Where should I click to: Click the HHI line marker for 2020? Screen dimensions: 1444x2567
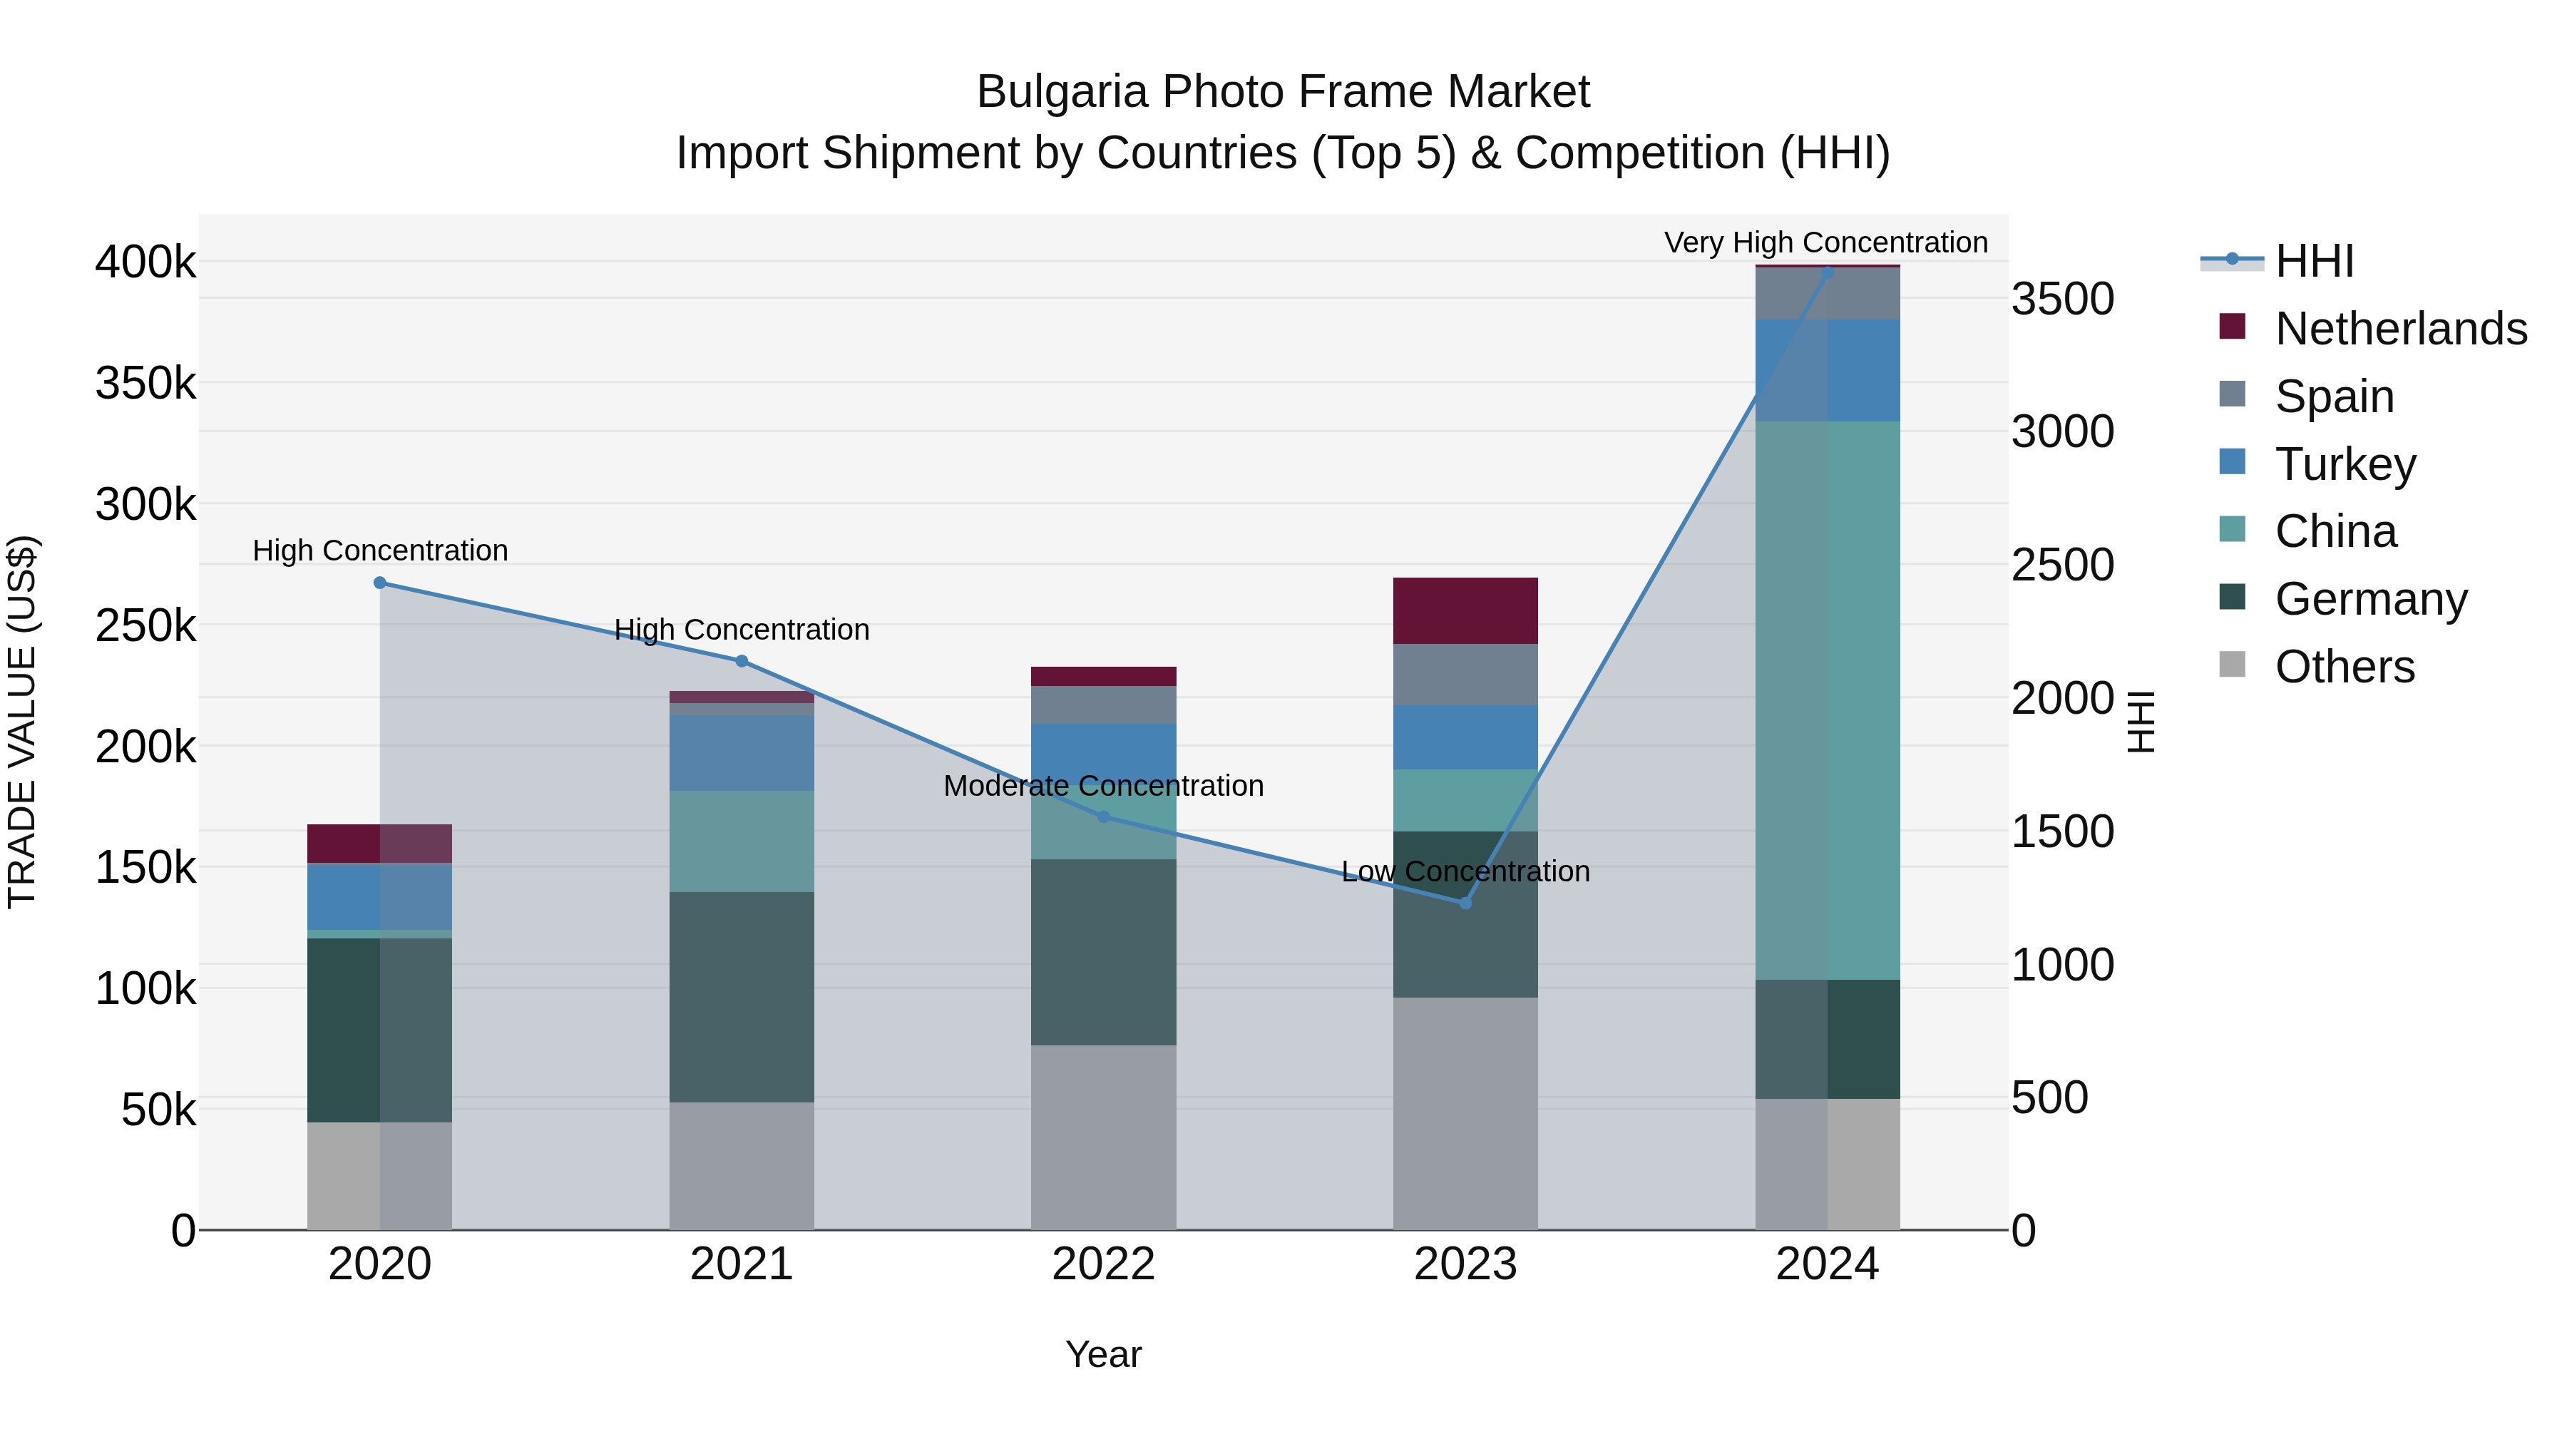coord(379,583)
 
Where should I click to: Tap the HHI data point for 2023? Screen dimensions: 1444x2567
coord(1465,903)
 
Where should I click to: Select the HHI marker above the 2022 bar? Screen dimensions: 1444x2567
coord(1103,817)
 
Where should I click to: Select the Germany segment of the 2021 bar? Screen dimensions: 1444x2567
coord(742,997)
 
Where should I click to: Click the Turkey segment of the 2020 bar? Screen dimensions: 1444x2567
coord(379,897)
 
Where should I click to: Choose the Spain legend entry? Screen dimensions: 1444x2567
coord(2334,396)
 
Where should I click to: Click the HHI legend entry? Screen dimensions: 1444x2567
coord(2314,261)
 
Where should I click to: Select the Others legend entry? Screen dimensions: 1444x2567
coord(2344,667)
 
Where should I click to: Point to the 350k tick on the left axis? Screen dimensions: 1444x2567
coord(145,384)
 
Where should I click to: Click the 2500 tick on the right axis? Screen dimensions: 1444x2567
coord(2061,565)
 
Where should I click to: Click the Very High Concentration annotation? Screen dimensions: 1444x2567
coord(1825,242)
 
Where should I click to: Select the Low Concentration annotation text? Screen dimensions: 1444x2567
coord(1465,871)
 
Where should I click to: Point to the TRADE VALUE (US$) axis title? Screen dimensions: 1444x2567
coord(22,722)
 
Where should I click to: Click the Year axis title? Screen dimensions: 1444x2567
coord(1103,1354)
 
